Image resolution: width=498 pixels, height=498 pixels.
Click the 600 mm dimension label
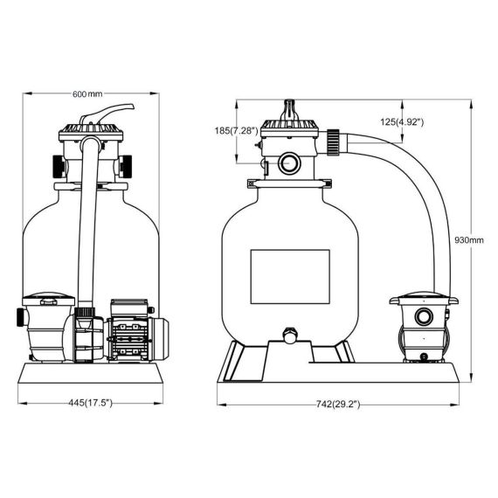(x=87, y=94)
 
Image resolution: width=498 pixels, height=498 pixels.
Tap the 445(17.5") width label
(x=91, y=403)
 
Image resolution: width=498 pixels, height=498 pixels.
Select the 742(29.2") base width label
(x=338, y=405)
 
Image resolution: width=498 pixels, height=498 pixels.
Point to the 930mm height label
(x=469, y=240)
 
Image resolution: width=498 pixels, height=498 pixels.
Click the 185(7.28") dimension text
(x=236, y=130)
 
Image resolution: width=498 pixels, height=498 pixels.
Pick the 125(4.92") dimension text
(x=402, y=121)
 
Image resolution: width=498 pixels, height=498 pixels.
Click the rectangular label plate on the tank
(x=290, y=277)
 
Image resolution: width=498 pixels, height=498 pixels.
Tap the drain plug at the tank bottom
(x=290, y=335)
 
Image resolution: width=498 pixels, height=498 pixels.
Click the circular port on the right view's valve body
(x=289, y=163)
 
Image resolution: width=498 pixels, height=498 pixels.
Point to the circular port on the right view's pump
(x=424, y=316)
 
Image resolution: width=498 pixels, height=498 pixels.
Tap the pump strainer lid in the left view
(x=48, y=300)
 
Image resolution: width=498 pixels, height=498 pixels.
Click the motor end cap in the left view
(x=161, y=339)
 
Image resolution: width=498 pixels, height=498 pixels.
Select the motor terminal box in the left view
(x=130, y=308)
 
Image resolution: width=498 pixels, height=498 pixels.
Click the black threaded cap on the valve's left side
(x=59, y=166)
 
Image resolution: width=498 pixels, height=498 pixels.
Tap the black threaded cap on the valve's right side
(x=126, y=166)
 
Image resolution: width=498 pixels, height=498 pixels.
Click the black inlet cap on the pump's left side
(x=20, y=317)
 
